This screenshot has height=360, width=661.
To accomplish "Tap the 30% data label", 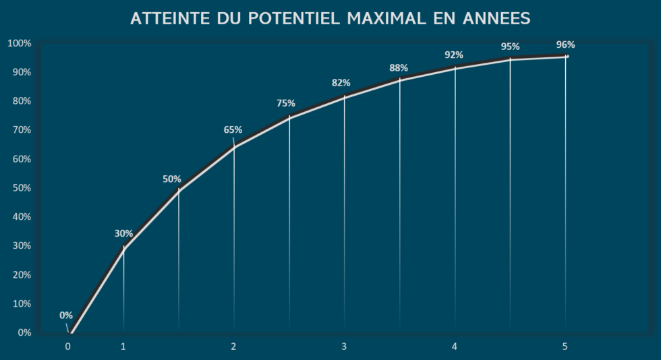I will coord(123,233).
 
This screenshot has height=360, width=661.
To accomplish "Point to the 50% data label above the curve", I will coord(172,179).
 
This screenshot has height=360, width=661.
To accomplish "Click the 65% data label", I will coord(233,129).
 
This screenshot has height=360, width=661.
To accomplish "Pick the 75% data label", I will coord(286,103).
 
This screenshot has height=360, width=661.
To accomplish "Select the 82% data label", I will coord(341,83).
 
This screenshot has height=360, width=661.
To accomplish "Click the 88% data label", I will coord(399,67).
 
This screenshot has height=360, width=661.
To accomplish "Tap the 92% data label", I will coord(454,55).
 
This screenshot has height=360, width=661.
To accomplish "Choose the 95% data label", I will coord(510,47).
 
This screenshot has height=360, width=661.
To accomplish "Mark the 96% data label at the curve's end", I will coord(565,44).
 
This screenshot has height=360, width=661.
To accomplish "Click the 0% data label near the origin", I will coord(66,315).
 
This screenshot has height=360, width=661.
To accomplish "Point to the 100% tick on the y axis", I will coord(19,44).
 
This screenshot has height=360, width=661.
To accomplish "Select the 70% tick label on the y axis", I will coord(20,130).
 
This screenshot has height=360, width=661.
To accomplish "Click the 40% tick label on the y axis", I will coord(20,217).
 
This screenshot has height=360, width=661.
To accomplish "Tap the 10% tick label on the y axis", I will coord(20,304).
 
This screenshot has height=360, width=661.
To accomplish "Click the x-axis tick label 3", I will coord(344,347).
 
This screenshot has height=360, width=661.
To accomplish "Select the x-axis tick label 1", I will coord(123,347).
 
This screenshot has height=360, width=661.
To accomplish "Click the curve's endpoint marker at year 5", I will coord(567,57).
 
